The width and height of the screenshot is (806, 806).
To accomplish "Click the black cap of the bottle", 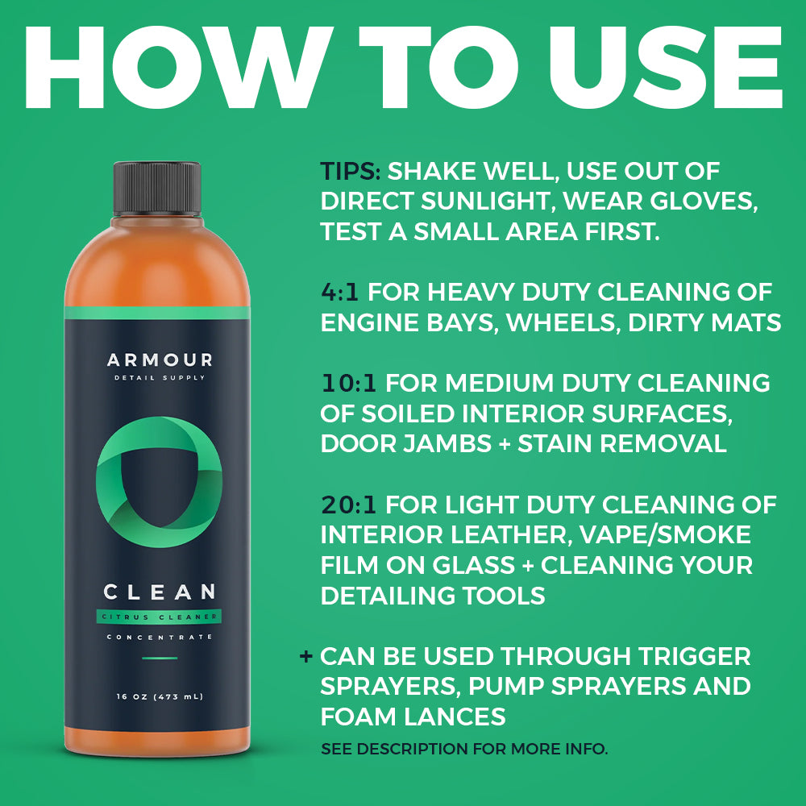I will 157,187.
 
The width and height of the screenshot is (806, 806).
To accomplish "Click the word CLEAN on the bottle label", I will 159,592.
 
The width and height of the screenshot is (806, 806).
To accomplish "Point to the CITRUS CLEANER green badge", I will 159,617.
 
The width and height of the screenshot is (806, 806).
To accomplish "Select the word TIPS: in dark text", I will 351,172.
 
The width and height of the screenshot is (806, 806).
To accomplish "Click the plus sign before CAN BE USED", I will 305,656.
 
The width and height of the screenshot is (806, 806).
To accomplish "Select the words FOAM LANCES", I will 413,717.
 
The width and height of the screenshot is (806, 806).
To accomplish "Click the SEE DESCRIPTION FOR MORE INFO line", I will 464,749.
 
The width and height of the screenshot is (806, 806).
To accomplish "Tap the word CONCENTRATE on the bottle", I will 159,638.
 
